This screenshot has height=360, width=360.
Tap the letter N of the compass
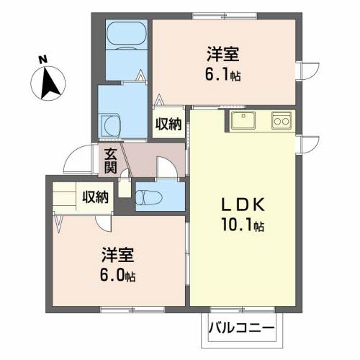(x=42, y=59)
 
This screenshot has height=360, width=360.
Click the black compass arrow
(x=50, y=82)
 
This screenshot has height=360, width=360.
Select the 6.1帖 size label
(x=223, y=74)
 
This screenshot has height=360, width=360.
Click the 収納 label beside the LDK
(x=169, y=124)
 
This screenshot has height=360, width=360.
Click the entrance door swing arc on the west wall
(x=75, y=158)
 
